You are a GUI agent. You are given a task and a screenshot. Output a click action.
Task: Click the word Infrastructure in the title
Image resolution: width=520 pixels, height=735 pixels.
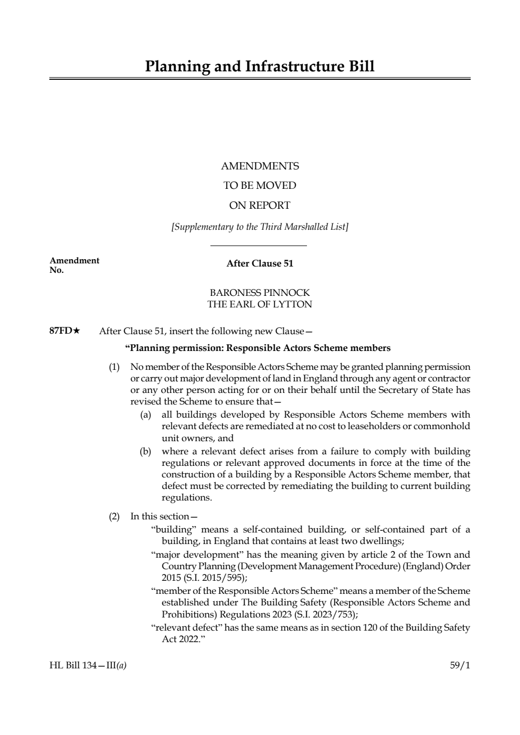287,67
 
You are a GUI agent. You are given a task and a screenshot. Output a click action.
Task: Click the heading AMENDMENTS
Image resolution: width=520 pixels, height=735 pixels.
260,166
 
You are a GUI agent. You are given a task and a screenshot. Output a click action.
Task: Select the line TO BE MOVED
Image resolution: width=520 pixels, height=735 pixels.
260,186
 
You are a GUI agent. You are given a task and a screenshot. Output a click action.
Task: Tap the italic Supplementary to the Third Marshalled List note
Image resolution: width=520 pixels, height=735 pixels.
260,227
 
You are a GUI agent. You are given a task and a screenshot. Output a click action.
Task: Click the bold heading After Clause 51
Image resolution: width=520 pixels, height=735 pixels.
260,264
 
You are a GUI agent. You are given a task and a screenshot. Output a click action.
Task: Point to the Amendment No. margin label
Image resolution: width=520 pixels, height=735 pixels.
73,265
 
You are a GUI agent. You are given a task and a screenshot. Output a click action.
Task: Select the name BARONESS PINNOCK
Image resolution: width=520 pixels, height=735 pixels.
260,293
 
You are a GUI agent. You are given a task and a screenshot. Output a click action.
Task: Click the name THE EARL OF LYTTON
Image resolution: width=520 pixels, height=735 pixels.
260,304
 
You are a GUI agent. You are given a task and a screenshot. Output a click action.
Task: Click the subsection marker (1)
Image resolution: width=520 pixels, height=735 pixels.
114,367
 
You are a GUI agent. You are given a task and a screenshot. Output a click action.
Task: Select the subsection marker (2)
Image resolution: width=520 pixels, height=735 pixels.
114,516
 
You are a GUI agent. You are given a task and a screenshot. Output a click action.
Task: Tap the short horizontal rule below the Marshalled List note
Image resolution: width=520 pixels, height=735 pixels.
258,246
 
